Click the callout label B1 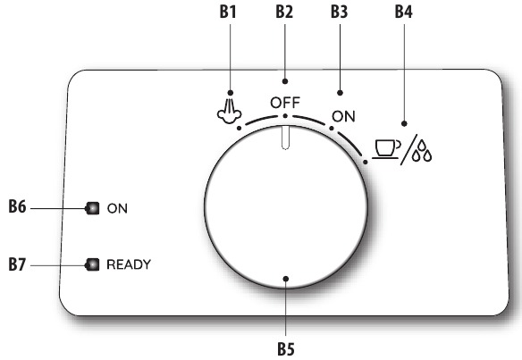point(228,12)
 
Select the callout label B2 point(284,12)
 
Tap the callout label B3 point(340,12)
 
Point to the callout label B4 point(403,12)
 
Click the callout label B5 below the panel point(286,349)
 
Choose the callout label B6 point(17,206)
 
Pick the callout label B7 point(17,264)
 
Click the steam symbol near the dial point(229,112)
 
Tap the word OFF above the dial point(285,103)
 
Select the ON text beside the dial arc point(343,116)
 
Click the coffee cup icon point(386,149)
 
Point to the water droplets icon point(422,151)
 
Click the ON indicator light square point(93,208)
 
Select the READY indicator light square point(93,264)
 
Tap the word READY point(129,264)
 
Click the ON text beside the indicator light point(117,208)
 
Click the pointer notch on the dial point(285,138)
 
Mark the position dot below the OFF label point(285,116)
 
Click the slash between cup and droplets point(409,150)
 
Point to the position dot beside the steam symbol point(239,128)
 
